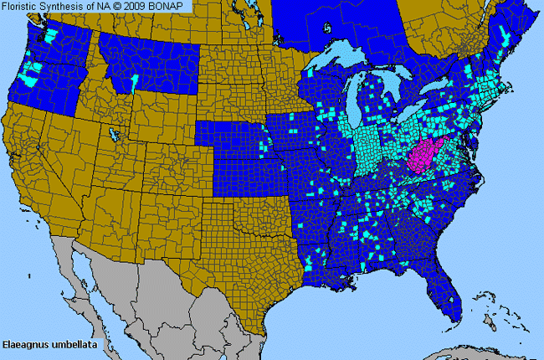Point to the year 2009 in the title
coord(138,6)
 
